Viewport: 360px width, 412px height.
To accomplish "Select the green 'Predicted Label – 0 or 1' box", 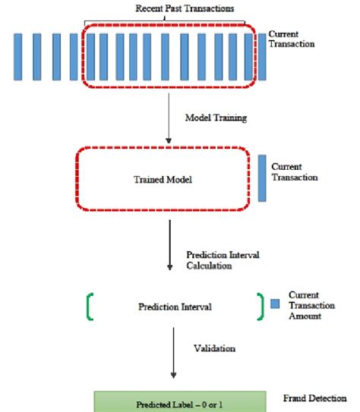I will pyautogui.click(x=180, y=401).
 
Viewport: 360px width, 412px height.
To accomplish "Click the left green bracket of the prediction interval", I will pyautogui.click(x=91, y=307).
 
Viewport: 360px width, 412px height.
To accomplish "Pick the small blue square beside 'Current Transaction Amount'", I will pyautogui.click(x=277, y=305).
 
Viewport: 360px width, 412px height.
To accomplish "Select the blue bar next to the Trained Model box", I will pyautogui.click(x=262, y=178).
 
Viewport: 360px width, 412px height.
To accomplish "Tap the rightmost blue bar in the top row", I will pyautogui.click(x=262, y=56).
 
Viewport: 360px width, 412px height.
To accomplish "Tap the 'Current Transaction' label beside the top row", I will pyautogui.click(x=292, y=39).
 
